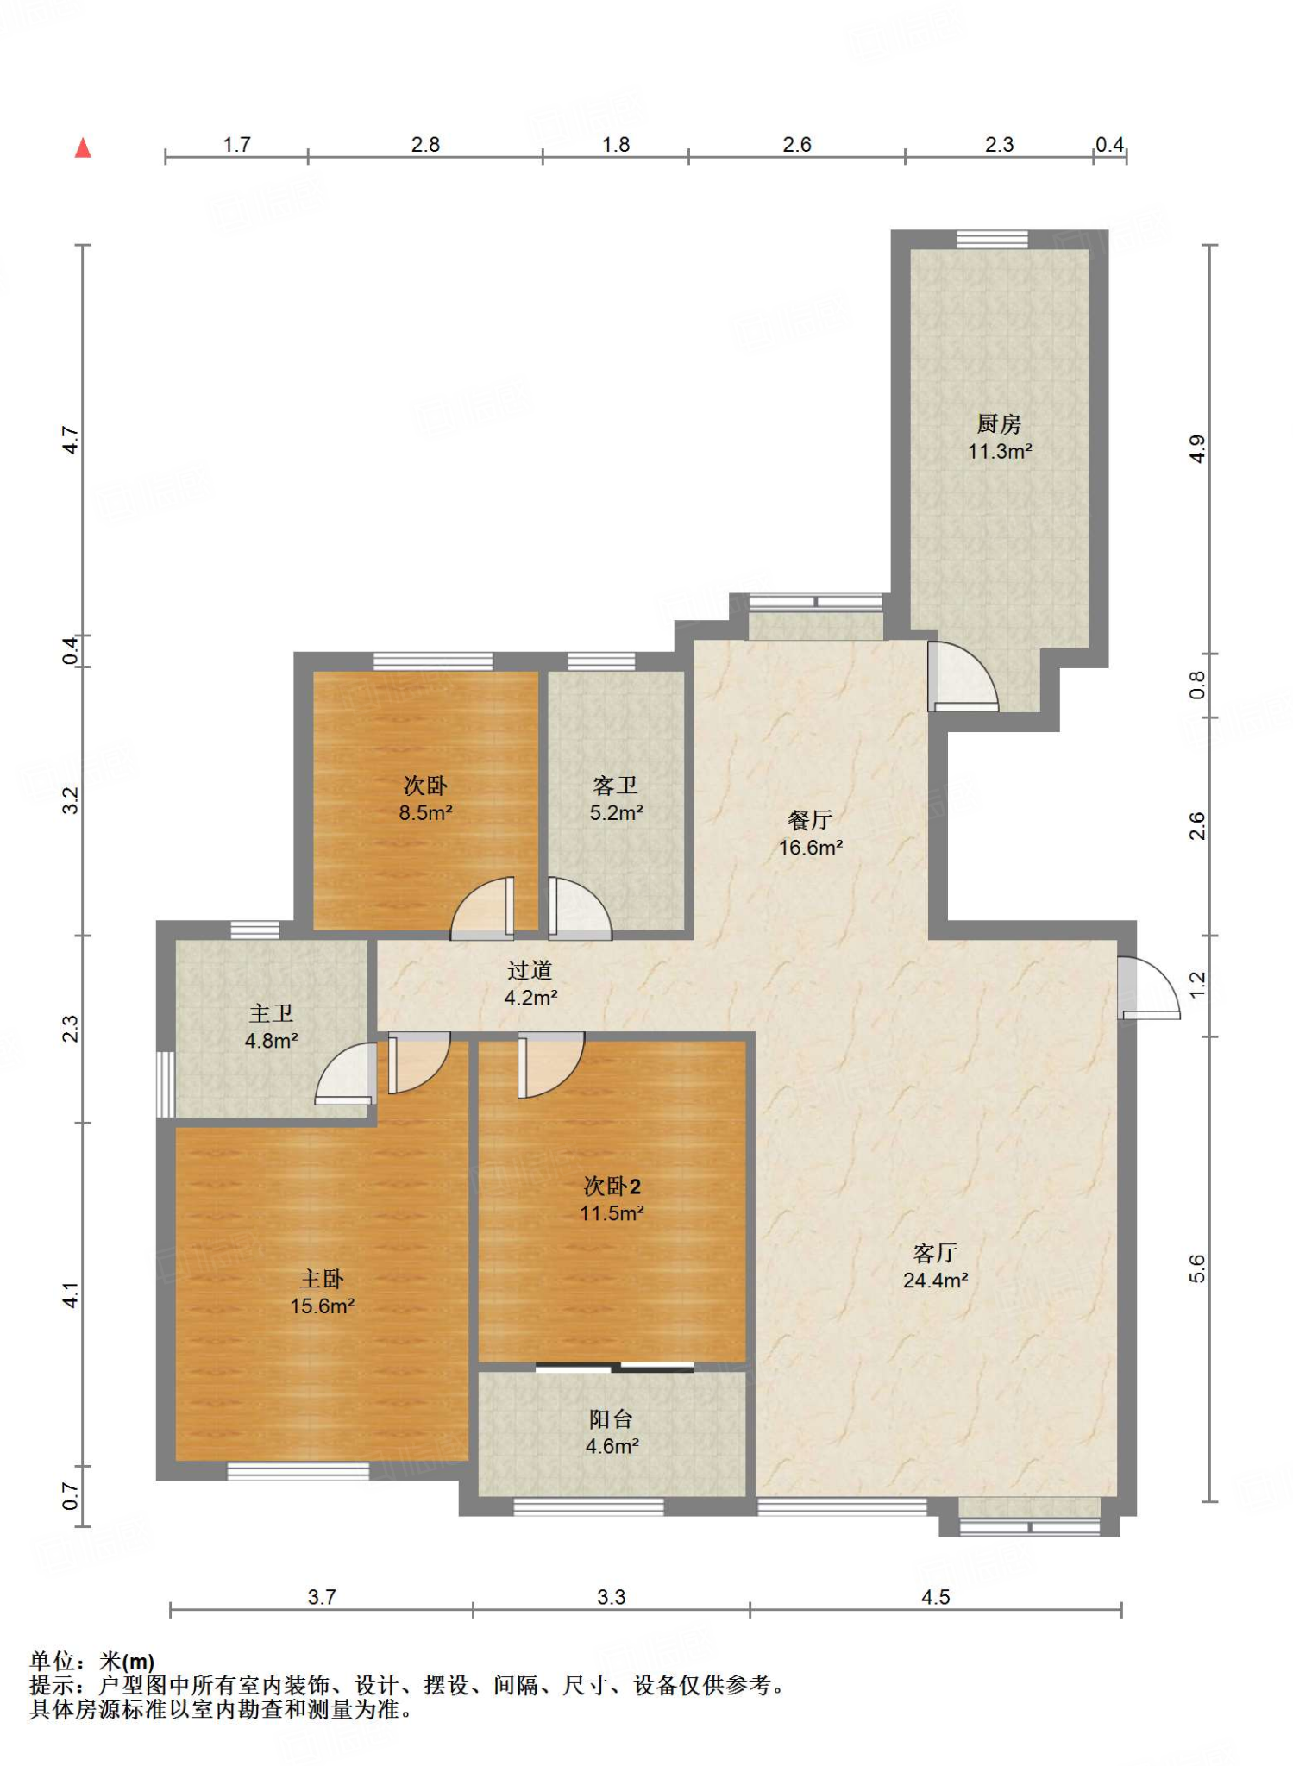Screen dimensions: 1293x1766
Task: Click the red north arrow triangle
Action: click(x=83, y=147)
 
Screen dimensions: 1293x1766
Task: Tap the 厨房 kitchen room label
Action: click(x=999, y=423)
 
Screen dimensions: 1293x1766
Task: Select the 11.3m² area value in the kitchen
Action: click(x=1000, y=451)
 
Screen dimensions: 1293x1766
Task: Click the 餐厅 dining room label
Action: click(x=809, y=820)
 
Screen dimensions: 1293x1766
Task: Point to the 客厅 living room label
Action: click(x=935, y=1253)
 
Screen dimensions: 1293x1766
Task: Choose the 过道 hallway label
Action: click(x=530, y=971)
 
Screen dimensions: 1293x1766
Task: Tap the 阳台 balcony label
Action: click(x=611, y=1419)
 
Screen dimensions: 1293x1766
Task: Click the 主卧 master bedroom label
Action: click(x=322, y=1279)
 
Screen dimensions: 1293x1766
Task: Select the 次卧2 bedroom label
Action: click(x=612, y=1187)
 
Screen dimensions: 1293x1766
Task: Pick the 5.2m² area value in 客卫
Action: click(x=617, y=813)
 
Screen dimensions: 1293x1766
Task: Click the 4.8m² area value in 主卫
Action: click(x=272, y=1041)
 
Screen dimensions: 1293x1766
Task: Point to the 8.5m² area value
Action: click(x=426, y=813)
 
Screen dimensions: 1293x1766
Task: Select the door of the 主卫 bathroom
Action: click(x=346, y=1074)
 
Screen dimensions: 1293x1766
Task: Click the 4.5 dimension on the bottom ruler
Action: click(x=935, y=1597)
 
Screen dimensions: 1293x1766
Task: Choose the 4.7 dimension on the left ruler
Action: click(x=71, y=440)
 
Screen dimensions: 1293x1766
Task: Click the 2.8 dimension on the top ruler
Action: click(x=425, y=144)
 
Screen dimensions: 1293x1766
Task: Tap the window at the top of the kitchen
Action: click(x=992, y=240)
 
